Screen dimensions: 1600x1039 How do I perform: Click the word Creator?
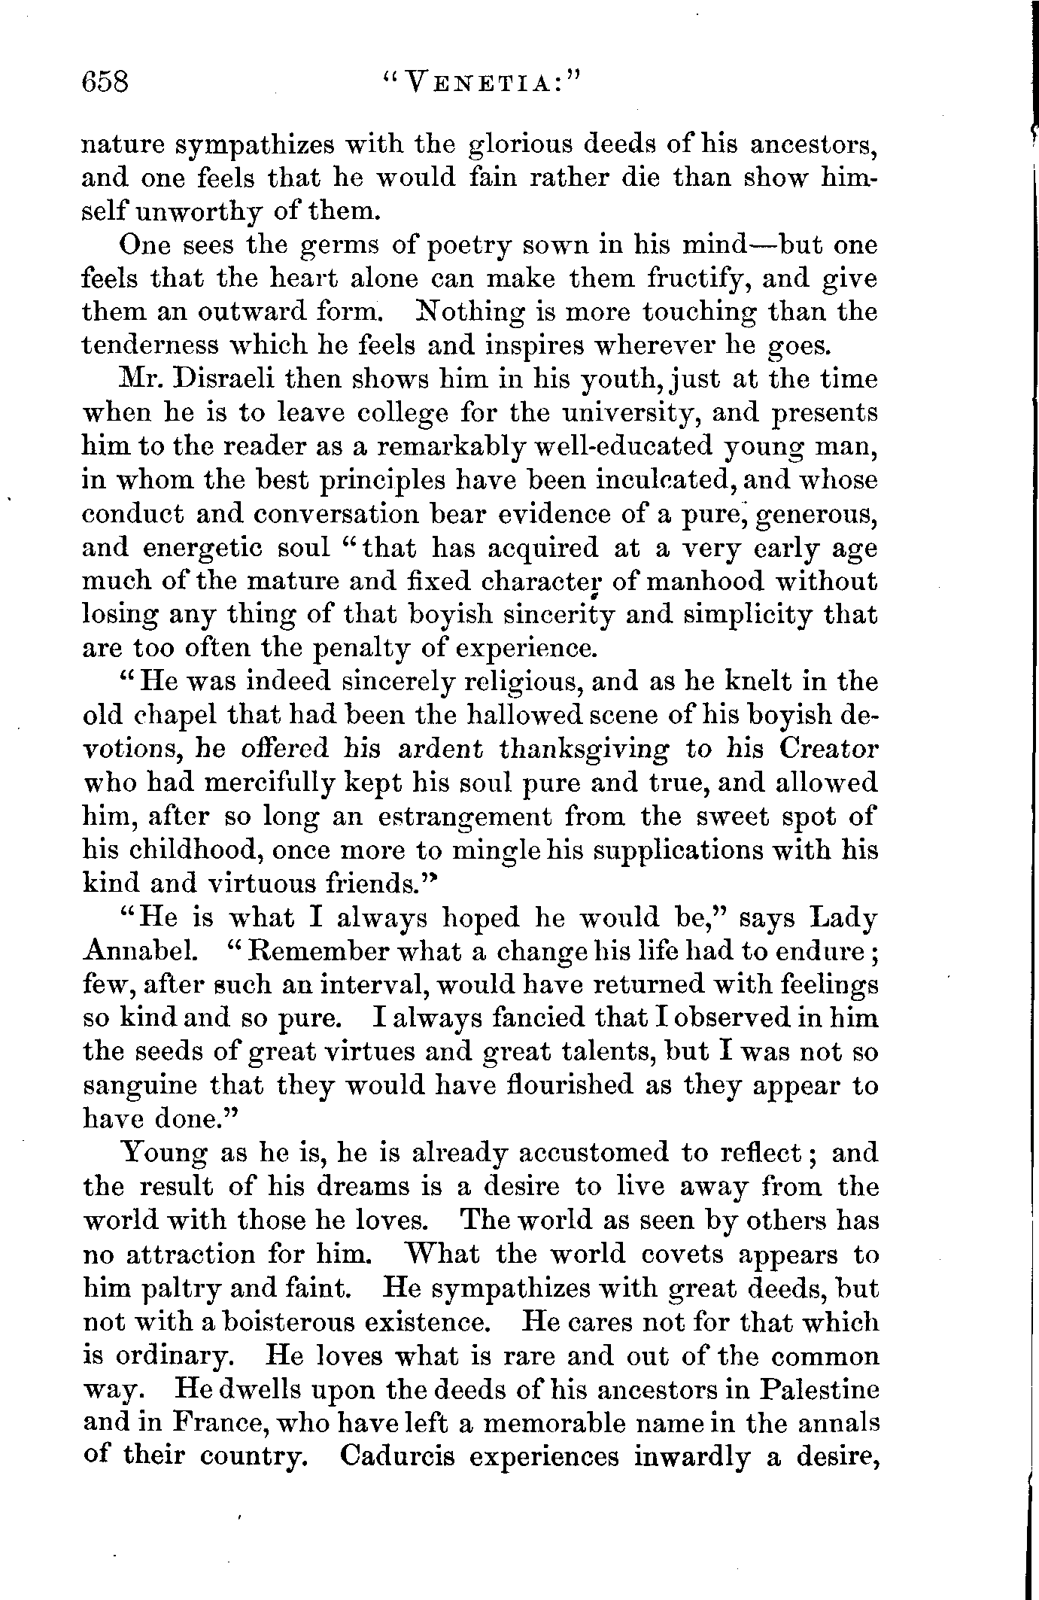pos(828,750)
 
